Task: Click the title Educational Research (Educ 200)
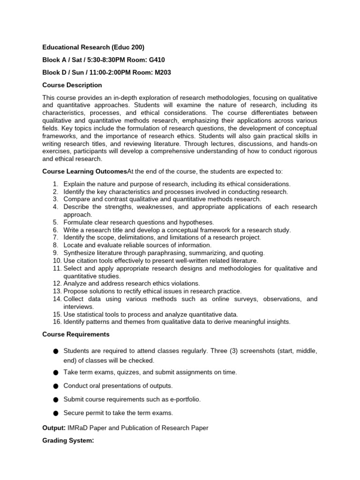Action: [x=93, y=47]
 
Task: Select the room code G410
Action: [x=155, y=60]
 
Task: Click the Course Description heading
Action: [x=72, y=85]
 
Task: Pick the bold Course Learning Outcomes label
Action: [x=84, y=172]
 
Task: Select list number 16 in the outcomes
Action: [x=56, y=322]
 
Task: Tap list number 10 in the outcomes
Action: [x=56, y=261]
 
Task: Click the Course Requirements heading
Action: [x=76, y=334]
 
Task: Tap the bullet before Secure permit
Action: [x=56, y=413]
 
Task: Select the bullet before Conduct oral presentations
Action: [x=56, y=386]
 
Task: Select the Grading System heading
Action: [x=68, y=440]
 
